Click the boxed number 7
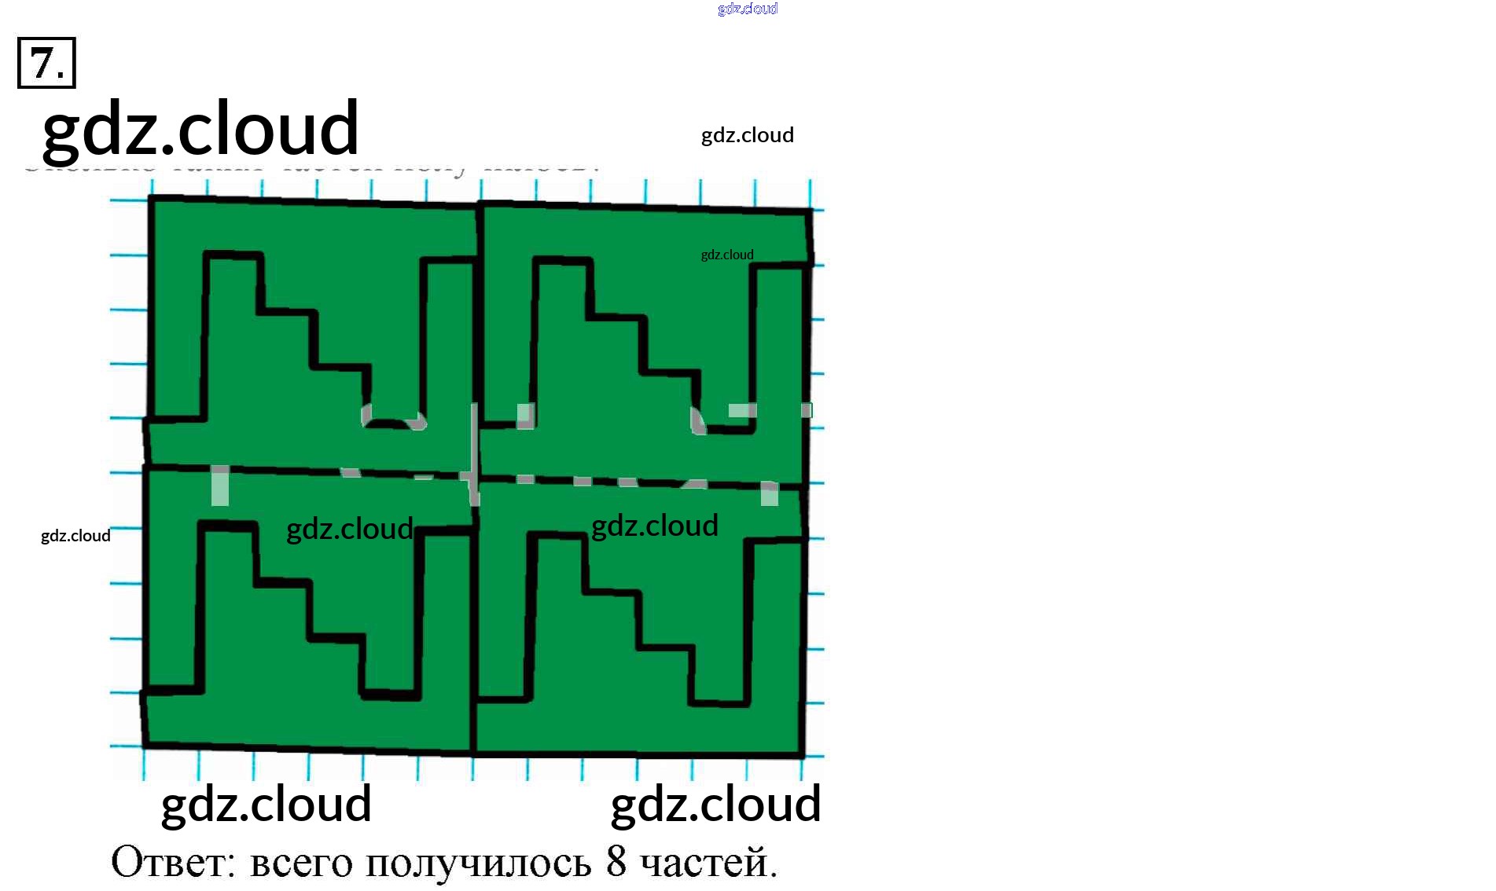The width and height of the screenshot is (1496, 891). click(x=46, y=63)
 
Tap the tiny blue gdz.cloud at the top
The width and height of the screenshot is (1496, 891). click(x=748, y=9)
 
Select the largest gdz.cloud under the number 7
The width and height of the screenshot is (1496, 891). click(x=200, y=128)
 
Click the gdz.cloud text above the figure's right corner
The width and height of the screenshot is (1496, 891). click(x=747, y=135)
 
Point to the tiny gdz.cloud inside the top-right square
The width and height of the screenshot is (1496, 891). click(x=727, y=255)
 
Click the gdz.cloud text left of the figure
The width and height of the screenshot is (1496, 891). click(x=75, y=536)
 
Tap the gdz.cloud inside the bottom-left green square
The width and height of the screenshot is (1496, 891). click(x=349, y=529)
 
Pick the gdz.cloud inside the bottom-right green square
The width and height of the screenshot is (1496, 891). click(x=655, y=526)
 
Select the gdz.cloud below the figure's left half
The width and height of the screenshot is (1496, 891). click(x=266, y=804)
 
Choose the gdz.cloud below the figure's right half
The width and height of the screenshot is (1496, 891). click(x=715, y=804)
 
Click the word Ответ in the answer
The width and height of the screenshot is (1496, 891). click(x=173, y=862)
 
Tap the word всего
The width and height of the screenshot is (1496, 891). click(x=301, y=863)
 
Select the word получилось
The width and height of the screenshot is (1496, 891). click(x=478, y=863)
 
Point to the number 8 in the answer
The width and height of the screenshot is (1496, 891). click(x=616, y=861)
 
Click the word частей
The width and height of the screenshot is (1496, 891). click(x=708, y=863)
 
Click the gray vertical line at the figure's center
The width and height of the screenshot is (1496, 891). click(x=474, y=452)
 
